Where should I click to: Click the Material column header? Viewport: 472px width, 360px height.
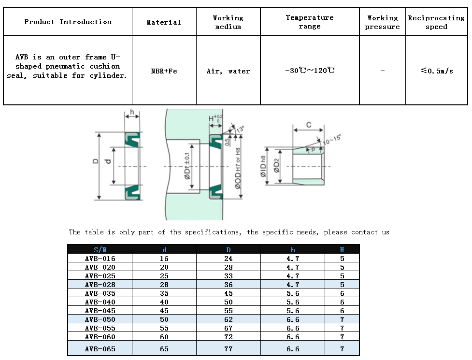(164, 22)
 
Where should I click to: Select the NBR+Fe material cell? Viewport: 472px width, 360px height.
(164, 71)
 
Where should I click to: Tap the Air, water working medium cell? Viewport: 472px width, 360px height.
(228, 71)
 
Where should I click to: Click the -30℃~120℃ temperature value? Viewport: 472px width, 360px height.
(310, 71)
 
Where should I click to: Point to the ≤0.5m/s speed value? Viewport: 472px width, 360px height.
(436, 71)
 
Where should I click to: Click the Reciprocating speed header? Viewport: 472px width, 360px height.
(436, 22)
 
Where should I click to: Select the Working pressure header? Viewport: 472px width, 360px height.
(382, 22)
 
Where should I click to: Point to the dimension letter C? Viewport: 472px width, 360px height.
(309, 125)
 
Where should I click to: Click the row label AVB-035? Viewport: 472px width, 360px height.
(100, 293)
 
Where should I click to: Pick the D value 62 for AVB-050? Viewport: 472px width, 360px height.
(229, 319)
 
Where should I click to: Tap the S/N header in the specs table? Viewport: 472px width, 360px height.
(100, 250)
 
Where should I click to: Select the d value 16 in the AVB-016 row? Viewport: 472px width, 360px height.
(164, 259)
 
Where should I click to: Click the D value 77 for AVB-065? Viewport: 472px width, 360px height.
(229, 349)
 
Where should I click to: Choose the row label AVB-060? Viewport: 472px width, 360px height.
(100, 337)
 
